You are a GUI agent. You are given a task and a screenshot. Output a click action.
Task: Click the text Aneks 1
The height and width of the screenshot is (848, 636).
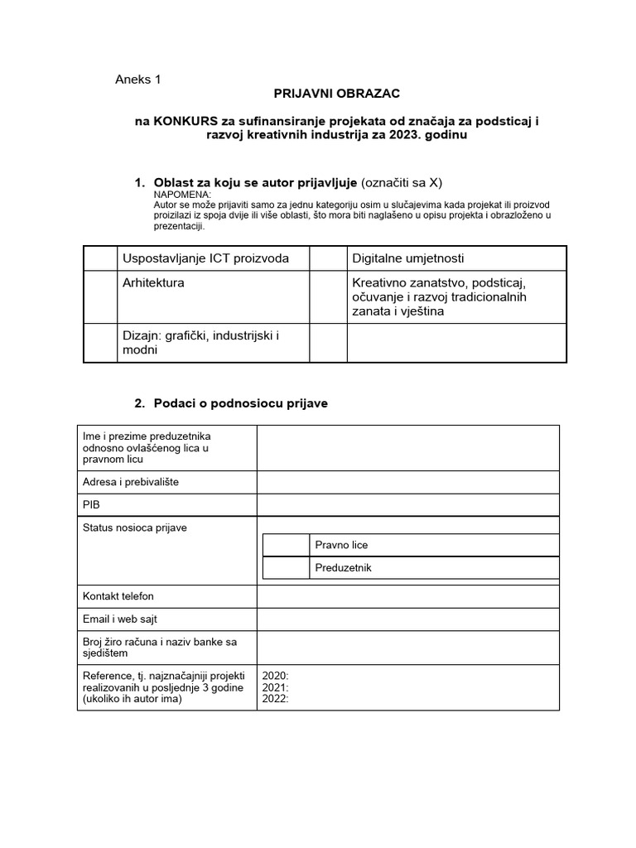coord(138,79)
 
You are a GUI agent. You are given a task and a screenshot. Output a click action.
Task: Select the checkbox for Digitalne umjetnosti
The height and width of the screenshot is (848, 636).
coord(328,258)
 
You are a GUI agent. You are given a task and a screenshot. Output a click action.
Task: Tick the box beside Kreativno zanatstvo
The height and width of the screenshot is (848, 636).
coord(328,296)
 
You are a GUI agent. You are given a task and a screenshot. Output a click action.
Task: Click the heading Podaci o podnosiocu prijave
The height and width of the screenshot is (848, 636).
coord(240,403)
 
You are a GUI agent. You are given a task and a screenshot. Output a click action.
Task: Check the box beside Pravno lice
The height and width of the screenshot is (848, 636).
coord(285,545)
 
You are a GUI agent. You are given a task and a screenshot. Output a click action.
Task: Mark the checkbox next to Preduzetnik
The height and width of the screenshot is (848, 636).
coord(285,568)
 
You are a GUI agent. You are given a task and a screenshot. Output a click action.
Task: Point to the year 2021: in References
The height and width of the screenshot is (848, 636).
coord(275,687)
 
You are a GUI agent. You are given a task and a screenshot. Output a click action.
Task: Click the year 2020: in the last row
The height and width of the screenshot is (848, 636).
coord(275,676)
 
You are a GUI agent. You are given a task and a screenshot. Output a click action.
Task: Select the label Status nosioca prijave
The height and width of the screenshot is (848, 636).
coord(134,528)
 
